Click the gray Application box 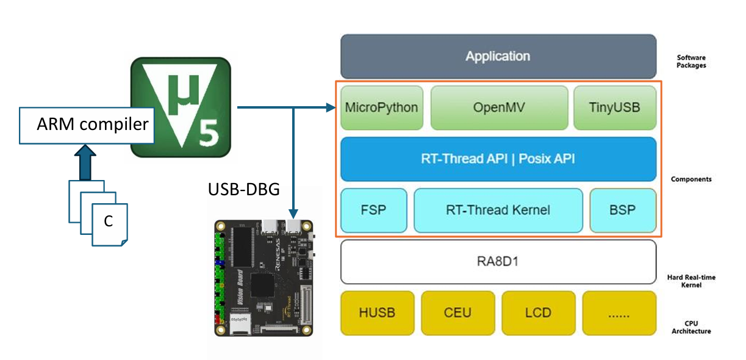click(498, 56)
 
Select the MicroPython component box click(381, 108)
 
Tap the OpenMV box click(498, 108)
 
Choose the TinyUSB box click(615, 108)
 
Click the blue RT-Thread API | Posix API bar click(498, 159)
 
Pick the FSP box click(373, 211)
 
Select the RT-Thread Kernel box click(498, 211)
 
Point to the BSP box click(622, 211)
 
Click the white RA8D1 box click(498, 262)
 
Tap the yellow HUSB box click(377, 313)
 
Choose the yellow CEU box click(457, 313)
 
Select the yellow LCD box click(538, 313)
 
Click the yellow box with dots click(619, 313)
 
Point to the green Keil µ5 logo click(181, 108)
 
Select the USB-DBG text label click(244, 190)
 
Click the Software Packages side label click(691, 62)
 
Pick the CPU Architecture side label click(691, 327)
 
